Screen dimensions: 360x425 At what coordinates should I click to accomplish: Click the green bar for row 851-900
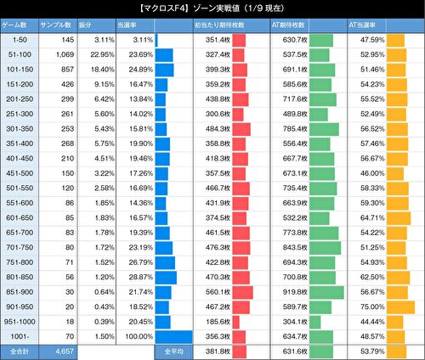pos(326,291)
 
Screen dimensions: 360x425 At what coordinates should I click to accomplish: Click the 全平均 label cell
pos(166,350)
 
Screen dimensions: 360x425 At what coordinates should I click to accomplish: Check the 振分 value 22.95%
pos(99,54)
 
